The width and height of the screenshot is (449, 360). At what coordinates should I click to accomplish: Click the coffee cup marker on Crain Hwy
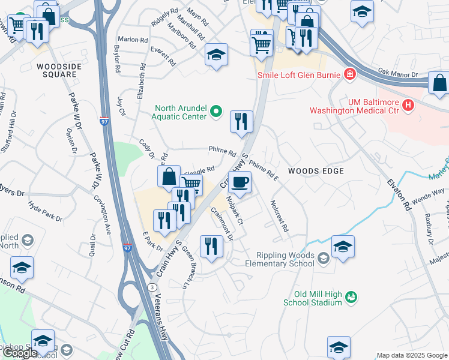point(240,182)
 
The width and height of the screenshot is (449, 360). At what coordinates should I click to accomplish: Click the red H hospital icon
point(409,105)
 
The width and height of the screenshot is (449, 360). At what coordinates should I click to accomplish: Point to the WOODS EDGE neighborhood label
point(316,171)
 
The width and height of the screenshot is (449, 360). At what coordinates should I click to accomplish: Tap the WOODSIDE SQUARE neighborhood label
point(56,70)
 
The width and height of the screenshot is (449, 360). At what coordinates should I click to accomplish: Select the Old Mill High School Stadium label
point(318,299)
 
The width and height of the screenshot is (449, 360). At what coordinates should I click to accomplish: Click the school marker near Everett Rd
point(216,55)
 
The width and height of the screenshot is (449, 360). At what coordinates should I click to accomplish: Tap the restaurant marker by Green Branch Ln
point(211,247)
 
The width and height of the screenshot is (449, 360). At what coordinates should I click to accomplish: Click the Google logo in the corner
point(20,353)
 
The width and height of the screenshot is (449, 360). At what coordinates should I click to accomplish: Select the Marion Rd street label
point(133,39)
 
